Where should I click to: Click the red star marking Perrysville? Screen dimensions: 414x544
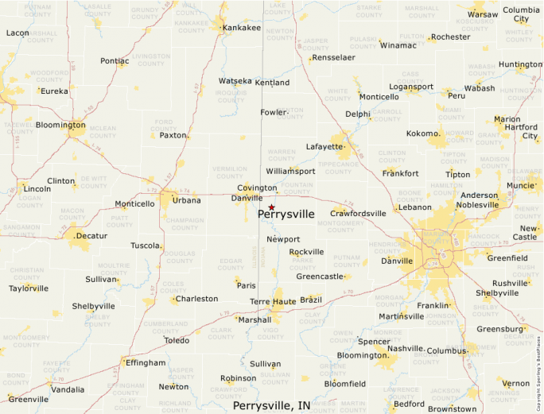(271, 207)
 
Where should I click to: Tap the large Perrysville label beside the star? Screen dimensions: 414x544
(286, 215)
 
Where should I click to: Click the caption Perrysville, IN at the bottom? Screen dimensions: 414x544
(272, 405)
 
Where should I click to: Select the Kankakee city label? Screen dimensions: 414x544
(242, 28)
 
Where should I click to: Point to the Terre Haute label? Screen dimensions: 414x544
(272, 302)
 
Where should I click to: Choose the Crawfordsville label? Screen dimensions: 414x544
(358, 213)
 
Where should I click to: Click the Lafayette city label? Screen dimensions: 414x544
(324, 147)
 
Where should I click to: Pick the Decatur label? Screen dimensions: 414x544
(91, 236)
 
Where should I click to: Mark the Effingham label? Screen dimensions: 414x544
(146, 362)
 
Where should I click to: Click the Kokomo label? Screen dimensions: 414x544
(422, 133)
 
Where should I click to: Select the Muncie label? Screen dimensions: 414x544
(521, 185)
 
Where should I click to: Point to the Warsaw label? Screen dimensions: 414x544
(483, 14)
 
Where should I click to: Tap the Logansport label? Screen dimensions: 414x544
(411, 87)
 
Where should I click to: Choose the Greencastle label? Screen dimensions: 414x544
(320, 277)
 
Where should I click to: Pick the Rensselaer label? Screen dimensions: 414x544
(334, 58)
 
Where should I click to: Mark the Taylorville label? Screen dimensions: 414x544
(29, 288)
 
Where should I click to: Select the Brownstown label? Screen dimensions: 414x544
(452, 409)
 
